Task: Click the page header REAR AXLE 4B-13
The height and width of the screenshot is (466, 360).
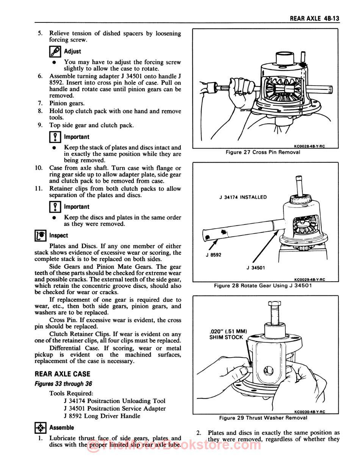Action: (314, 18)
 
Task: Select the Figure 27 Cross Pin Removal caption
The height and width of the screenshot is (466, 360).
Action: (263, 152)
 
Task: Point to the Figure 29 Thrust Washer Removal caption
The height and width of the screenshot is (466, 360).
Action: (263, 418)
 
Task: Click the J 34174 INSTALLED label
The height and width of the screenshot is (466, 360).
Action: (243, 197)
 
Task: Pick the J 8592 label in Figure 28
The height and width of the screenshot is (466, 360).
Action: (213, 255)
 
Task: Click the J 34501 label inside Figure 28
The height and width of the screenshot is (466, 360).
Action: (255, 267)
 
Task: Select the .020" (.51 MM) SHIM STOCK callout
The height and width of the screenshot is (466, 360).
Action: (228, 334)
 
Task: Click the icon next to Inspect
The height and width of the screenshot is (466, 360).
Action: (40, 235)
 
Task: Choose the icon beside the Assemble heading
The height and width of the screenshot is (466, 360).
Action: (40, 428)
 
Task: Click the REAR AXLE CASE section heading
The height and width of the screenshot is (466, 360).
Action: (62, 374)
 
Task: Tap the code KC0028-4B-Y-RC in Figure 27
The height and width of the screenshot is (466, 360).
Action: (309, 146)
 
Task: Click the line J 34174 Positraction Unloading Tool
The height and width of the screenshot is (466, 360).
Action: (114, 401)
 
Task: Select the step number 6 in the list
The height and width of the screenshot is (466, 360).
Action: (40, 76)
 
